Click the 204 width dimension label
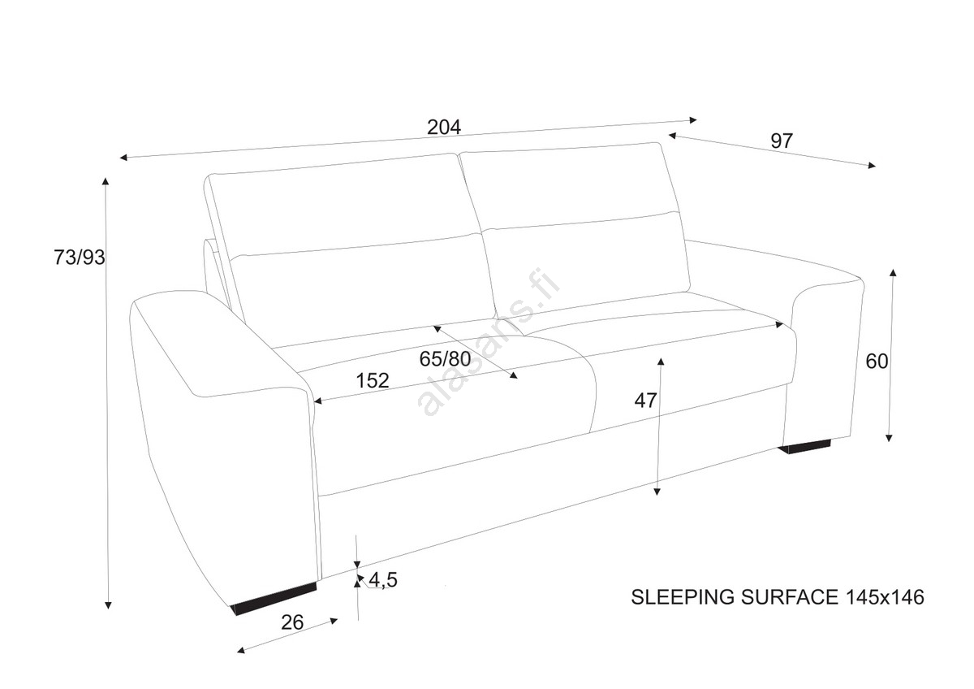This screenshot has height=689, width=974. [x=444, y=127]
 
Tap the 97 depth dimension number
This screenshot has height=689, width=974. [x=781, y=141]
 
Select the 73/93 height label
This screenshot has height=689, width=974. [x=80, y=258]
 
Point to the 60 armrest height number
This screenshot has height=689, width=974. [x=877, y=362]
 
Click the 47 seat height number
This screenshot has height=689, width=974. [x=646, y=400]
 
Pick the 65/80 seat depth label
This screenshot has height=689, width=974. [x=446, y=358]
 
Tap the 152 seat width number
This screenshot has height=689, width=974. [x=373, y=379]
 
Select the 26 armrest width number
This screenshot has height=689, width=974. [x=292, y=622]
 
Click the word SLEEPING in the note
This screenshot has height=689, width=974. [x=683, y=597]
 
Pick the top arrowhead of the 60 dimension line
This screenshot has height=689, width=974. [x=893, y=272]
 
